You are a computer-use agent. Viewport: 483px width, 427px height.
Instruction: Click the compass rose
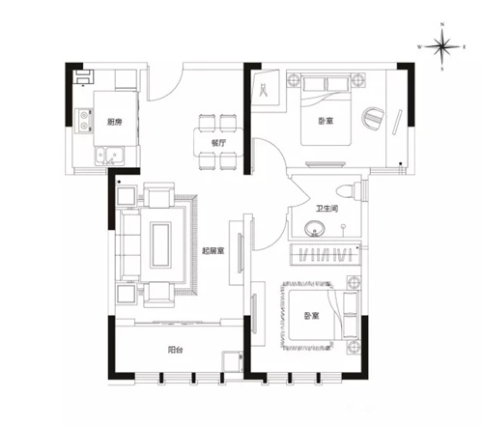[442, 46]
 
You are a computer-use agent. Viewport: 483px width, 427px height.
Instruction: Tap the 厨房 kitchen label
[115, 122]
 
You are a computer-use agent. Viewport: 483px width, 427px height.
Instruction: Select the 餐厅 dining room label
[218, 143]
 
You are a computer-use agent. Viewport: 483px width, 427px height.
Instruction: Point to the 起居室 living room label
[213, 250]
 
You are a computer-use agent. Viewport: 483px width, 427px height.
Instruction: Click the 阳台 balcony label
[175, 350]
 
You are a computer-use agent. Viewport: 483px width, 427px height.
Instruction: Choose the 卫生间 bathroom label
[327, 209]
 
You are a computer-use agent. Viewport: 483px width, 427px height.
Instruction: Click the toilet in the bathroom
[349, 190]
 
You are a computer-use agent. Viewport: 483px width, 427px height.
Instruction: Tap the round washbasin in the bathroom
[315, 228]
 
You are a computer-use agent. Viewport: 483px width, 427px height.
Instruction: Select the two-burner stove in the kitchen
[84, 121]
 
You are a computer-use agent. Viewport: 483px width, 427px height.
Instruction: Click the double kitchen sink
[109, 156]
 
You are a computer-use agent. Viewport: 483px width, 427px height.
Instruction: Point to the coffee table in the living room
[161, 245]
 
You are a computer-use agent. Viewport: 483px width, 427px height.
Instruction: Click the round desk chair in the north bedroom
[373, 118]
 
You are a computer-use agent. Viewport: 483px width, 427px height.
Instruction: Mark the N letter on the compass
[442, 24]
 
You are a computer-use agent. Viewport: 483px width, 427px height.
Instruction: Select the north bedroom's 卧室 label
[326, 121]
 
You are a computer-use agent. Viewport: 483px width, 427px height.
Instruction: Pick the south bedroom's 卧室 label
[311, 316]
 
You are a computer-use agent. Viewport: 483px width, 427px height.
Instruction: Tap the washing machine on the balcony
[233, 362]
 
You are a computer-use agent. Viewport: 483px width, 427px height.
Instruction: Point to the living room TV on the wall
[240, 253]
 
